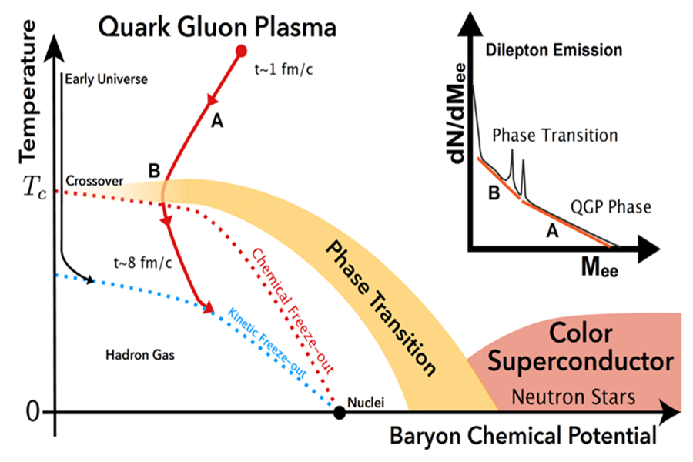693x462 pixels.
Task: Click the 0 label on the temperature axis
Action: point(32,412)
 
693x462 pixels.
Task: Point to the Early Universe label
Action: point(106,79)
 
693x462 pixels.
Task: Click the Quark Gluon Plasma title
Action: point(216,28)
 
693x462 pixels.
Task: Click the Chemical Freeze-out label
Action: point(292,308)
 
